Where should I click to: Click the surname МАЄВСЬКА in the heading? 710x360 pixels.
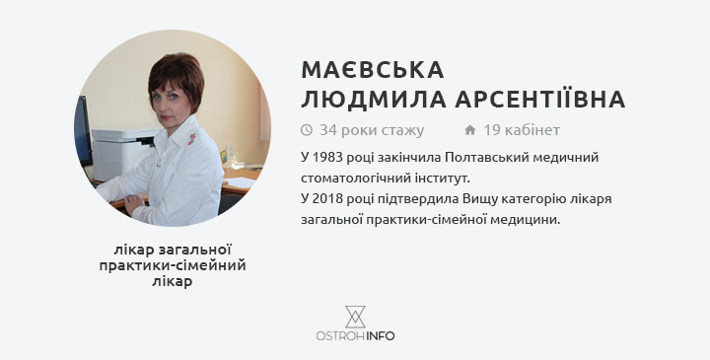pyautogui.click(x=372, y=70)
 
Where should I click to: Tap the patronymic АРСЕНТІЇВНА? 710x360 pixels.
pyautogui.click(x=540, y=99)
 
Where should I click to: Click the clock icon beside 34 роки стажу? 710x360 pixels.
pyautogui.click(x=307, y=130)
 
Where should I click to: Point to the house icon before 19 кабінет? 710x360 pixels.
pyautogui.click(x=470, y=130)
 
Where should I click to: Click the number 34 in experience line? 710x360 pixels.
pyautogui.click(x=328, y=130)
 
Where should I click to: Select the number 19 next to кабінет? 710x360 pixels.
pyautogui.click(x=492, y=130)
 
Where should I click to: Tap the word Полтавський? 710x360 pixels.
pyautogui.click(x=478, y=158)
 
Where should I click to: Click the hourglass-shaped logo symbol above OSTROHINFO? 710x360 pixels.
pyautogui.click(x=355, y=317)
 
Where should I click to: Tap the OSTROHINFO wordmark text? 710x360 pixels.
pyautogui.click(x=355, y=336)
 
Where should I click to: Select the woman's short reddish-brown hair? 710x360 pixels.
pyautogui.click(x=177, y=78)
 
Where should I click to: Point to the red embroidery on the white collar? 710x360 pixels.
pyautogui.click(x=192, y=139)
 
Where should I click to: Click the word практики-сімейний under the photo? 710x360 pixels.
pyautogui.click(x=173, y=265)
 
